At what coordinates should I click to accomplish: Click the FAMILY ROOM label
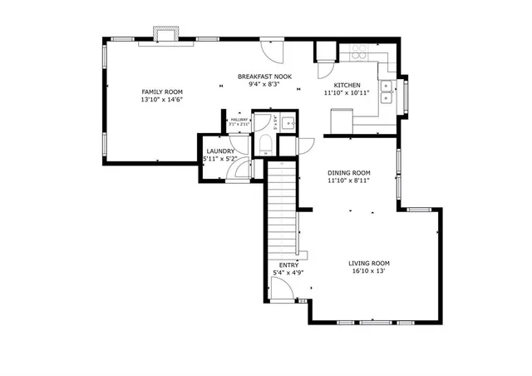click(162, 92)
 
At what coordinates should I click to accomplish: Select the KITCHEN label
click(347, 86)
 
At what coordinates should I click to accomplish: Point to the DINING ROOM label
click(348, 172)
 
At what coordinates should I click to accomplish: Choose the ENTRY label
click(288, 265)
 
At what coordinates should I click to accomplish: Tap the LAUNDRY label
click(220, 151)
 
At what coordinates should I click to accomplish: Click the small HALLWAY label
click(239, 119)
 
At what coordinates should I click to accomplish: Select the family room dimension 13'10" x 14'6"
click(162, 100)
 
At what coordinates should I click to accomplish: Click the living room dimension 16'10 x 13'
click(369, 271)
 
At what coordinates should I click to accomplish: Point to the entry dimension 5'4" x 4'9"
click(288, 273)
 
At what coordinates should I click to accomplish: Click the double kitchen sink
click(387, 92)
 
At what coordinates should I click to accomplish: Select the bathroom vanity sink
click(286, 125)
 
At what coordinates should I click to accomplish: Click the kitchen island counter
click(341, 121)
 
